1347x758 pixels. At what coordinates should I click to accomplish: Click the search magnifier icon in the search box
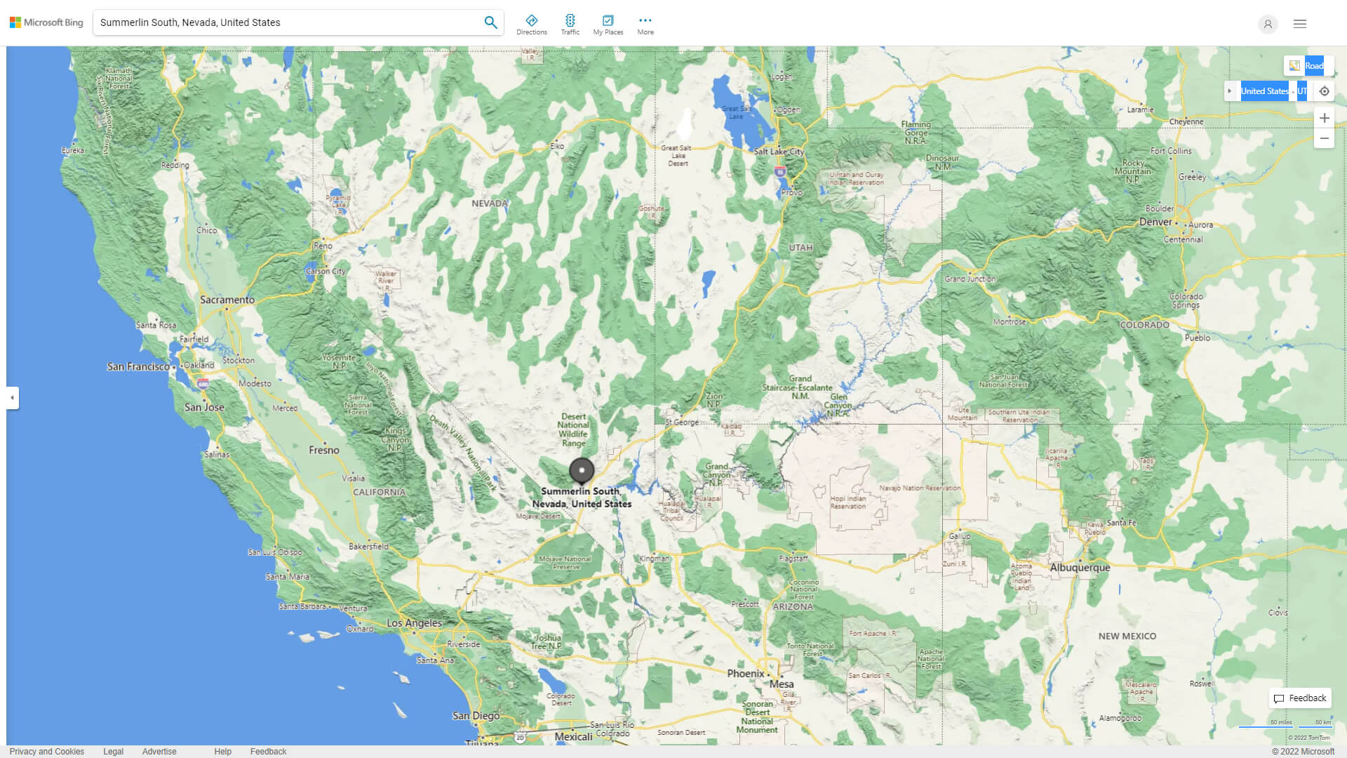[x=490, y=22]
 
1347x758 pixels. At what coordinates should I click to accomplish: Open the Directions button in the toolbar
[x=531, y=25]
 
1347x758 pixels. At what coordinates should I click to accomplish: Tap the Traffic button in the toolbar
[x=570, y=25]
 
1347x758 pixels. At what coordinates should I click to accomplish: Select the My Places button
[x=608, y=25]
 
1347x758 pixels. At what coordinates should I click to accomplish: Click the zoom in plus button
[x=1324, y=118]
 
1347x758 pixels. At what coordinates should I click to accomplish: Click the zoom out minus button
[x=1324, y=139]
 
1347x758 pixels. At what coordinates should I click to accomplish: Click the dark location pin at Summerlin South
[x=581, y=470]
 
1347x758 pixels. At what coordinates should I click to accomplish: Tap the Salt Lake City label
[x=779, y=152]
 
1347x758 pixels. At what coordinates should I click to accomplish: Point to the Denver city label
[x=1155, y=222]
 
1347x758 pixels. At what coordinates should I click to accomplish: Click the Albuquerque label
[x=1080, y=568]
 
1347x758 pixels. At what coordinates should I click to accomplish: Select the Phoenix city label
[x=745, y=674]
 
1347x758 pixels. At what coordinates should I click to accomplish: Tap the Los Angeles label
[x=414, y=623]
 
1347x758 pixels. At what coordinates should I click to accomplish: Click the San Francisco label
[x=138, y=366]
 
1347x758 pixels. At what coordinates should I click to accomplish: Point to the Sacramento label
[x=227, y=300]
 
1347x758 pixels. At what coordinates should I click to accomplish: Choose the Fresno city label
[x=323, y=450]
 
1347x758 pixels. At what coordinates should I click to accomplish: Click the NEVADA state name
[x=489, y=204]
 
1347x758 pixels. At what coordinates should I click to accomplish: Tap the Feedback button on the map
[x=1300, y=698]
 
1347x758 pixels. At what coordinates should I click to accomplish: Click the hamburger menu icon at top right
[x=1299, y=24]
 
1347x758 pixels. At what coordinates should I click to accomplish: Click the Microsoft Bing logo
[x=46, y=22]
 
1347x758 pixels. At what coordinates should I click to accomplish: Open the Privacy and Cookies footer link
[x=46, y=751]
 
